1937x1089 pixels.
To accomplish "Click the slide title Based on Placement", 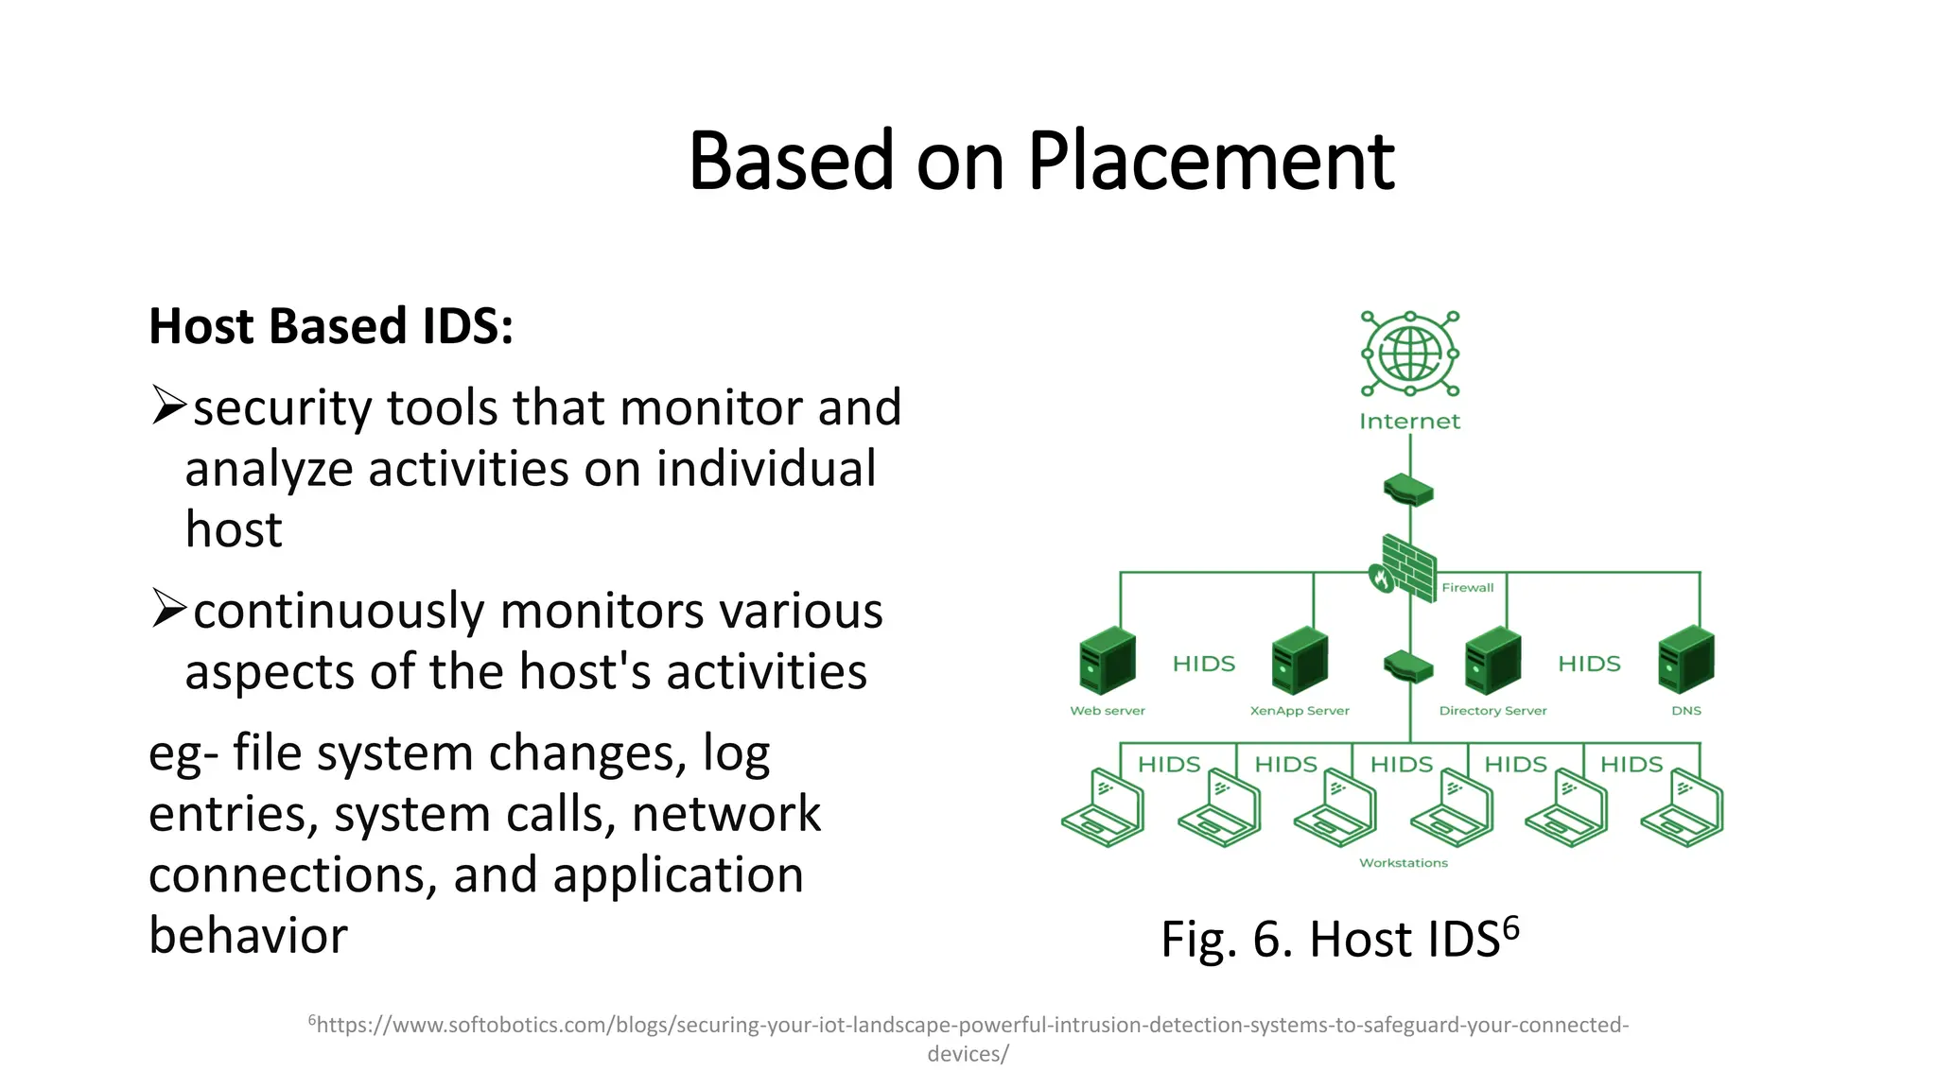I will (x=1040, y=161).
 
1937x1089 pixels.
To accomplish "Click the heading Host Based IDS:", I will (x=331, y=326).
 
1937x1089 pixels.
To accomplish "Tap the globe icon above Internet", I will (x=1409, y=354).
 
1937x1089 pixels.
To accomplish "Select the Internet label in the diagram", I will (x=1409, y=422).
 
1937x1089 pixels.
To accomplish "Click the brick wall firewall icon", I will (x=1405, y=568).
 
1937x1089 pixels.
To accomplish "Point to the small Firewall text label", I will (x=1467, y=588).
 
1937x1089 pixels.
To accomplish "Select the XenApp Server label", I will (x=1300, y=711).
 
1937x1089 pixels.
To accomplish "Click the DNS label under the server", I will (x=1685, y=711).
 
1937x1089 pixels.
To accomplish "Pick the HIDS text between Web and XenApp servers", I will (x=1203, y=664).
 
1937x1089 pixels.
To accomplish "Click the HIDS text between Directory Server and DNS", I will (x=1589, y=664).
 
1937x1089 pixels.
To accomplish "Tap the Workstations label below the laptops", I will (x=1404, y=863).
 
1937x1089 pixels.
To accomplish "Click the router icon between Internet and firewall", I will (x=1408, y=491).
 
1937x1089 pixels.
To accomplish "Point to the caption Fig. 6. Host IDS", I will (x=1339, y=939).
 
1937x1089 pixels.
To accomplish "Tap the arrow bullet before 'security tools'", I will (x=168, y=406).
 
